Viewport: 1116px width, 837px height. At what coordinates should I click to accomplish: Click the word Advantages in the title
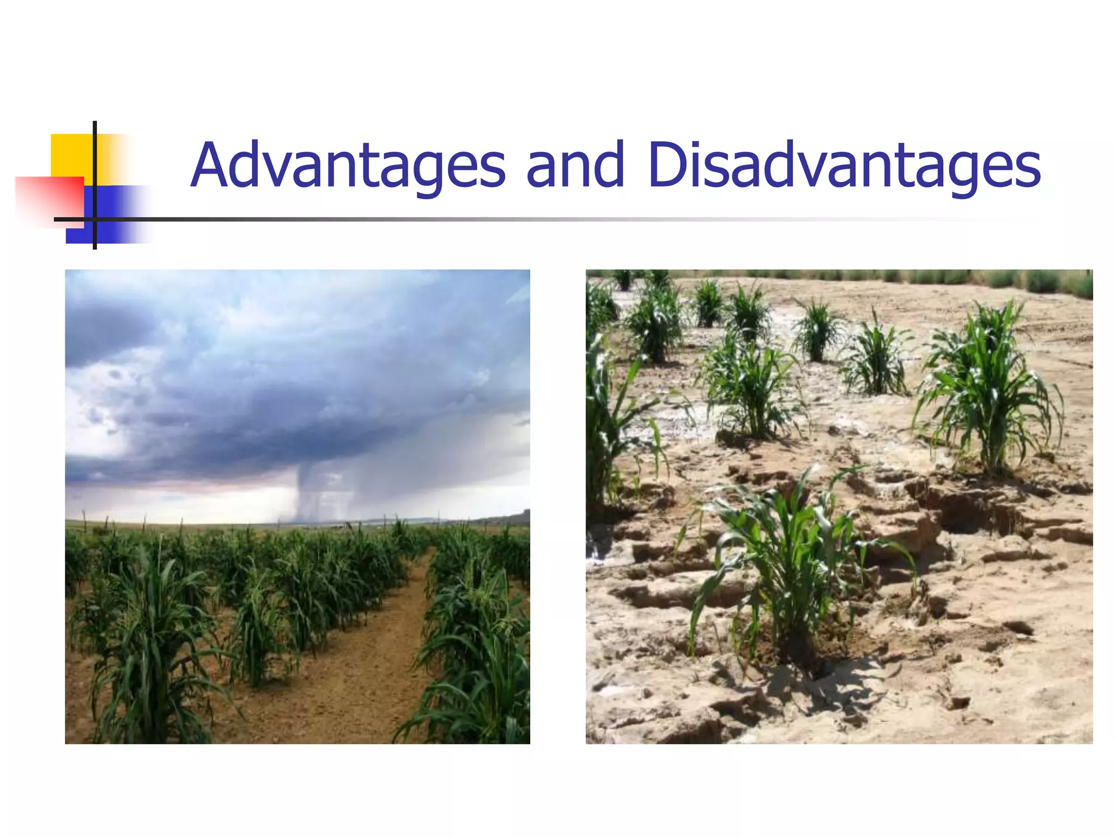[349, 165]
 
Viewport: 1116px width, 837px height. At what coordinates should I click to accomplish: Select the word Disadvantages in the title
[844, 165]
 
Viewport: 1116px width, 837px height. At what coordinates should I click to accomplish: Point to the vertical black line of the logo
[95, 163]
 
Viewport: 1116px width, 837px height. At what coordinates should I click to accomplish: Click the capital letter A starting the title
[213, 165]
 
